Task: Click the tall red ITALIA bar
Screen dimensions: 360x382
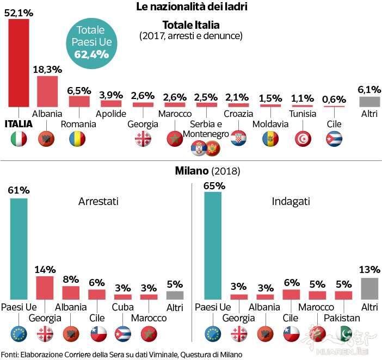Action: (19, 64)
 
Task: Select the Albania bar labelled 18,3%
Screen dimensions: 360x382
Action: (47, 91)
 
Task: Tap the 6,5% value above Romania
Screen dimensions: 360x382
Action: (79, 90)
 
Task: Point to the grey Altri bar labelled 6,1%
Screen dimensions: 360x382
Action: (369, 102)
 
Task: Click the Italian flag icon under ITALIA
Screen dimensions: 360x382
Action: (19, 139)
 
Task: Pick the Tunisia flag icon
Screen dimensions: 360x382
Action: (303, 139)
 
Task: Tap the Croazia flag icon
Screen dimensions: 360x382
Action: (238, 139)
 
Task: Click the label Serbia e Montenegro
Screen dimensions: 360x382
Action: (206, 129)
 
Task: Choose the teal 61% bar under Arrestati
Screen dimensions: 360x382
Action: (19, 249)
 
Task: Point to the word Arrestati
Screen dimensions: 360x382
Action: (98, 201)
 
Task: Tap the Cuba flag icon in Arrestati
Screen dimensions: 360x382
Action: (122, 333)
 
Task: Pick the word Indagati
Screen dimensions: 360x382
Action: (291, 201)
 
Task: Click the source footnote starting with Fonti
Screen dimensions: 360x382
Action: (121, 354)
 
